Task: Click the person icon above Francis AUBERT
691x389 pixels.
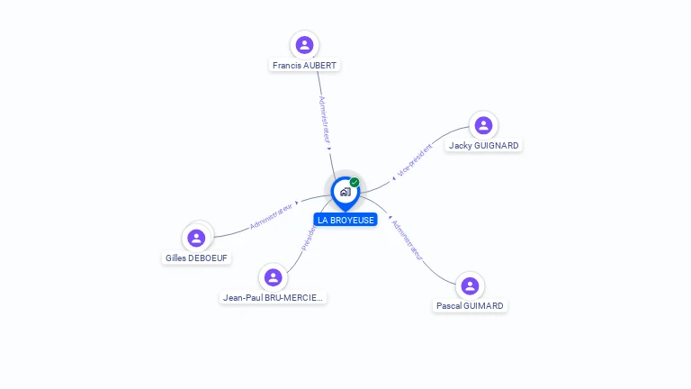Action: (305, 44)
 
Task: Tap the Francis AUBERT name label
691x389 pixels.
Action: (305, 66)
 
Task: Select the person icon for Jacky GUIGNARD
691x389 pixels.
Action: (483, 125)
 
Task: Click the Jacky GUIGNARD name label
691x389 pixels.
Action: (484, 146)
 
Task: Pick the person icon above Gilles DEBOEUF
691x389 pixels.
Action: (196, 238)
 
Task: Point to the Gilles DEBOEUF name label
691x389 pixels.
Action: (197, 258)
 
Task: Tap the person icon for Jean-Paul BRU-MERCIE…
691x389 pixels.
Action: (273, 277)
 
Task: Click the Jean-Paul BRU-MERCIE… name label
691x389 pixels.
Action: (274, 298)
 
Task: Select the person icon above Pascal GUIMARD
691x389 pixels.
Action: (470, 285)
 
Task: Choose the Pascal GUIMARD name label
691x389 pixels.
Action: (470, 306)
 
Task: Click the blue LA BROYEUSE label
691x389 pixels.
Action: (345, 221)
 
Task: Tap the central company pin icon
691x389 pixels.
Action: (345, 192)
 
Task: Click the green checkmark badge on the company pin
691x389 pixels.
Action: (354, 183)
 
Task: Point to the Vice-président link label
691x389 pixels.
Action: (415, 159)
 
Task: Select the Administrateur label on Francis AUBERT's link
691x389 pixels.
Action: (326, 120)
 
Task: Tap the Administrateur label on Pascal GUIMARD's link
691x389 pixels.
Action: (407, 240)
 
